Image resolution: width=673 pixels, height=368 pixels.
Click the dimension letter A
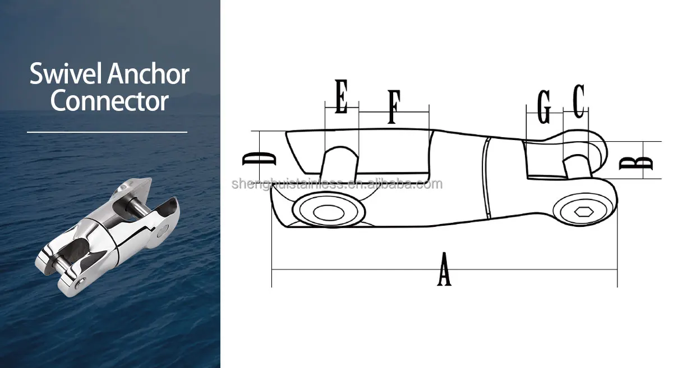[x=444, y=269]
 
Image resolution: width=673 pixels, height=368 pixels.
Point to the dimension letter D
[x=259, y=159]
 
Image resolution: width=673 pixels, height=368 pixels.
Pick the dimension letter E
[x=342, y=97]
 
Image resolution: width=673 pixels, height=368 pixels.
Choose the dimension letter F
[x=394, y=106]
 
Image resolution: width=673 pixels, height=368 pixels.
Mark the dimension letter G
[x=543, y=106]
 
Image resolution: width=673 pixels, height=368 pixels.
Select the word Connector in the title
[x=109, y=101]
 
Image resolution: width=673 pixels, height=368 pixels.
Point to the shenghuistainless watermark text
[x=336, y=184]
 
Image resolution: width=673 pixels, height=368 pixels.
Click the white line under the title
[x=107, y=132]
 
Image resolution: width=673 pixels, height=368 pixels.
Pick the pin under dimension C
[x=576, y=166]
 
